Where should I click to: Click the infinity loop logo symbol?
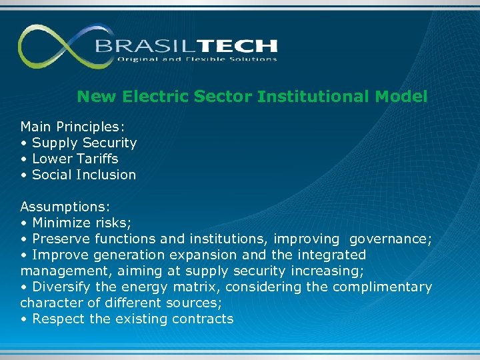point(56,47)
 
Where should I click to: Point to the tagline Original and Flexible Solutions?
point(197,59)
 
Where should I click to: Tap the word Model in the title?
point(401,97)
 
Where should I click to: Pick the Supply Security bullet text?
point(84,143)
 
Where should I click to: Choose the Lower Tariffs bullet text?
point(75,159)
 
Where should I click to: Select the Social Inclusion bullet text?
point(83,175)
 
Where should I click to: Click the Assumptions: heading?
point(65,207)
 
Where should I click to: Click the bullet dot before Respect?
point(23,319)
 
